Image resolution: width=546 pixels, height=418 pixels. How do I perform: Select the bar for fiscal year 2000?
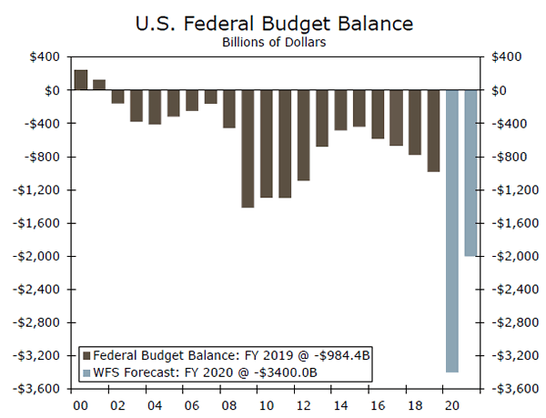pyautogui.click(x=80, y=80)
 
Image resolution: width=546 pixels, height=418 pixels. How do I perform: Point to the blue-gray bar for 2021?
pyautogui.click(x=470, y=173)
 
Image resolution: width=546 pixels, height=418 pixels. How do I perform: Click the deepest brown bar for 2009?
pyautogui.click(x=247, y=148)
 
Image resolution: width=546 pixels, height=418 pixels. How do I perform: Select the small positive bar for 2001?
pyautogui.click(x=99, y=85)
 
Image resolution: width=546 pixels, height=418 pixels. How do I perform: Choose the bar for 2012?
pyautogui.click(x=303, y=135)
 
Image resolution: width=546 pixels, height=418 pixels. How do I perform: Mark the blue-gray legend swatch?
pyautogui.click(x=87, y=372)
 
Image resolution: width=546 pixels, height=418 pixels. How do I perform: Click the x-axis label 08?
pyautogui.click(x=228, y=403)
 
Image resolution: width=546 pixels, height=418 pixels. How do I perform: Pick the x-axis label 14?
pyautogui.click(x=340, y=403)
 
